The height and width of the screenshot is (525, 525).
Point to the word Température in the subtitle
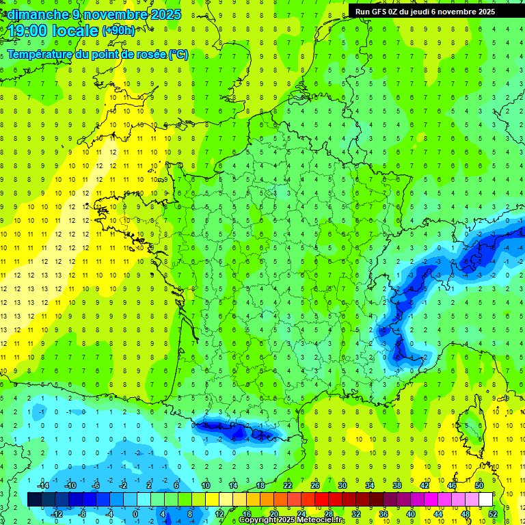(40, 55)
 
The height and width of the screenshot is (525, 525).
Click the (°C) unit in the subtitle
(178, 55)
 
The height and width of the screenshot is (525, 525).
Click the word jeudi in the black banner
(427, 12)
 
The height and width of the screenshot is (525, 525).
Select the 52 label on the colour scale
(493, 514)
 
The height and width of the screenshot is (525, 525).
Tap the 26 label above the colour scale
(315, 485)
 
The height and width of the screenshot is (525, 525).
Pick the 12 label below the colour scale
(219, 514)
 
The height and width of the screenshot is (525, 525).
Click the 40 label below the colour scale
(411, 514)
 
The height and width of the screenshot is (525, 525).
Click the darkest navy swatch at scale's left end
(35, 500)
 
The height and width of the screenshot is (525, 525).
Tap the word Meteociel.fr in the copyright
(321, 520)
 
